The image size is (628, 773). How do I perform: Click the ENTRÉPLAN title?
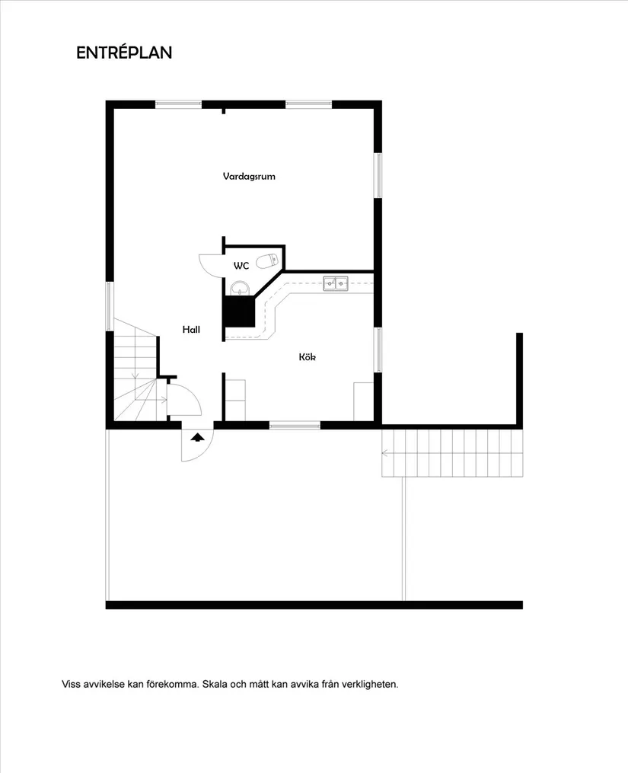124,53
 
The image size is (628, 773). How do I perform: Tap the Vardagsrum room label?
249,176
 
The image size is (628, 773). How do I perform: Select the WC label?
241,266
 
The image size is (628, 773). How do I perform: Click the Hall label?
191,330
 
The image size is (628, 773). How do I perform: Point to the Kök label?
308,356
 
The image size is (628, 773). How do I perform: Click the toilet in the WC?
266,261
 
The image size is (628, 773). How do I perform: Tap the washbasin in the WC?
240,288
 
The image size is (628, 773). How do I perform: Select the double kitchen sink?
335,283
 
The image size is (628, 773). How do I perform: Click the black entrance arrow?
198,437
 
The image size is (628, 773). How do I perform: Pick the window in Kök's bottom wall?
295,425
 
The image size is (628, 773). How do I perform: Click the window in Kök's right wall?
378,350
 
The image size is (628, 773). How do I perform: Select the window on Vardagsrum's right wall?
378,176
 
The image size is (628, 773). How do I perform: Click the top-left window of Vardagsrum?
178,104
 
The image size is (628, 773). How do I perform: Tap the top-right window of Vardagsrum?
308,104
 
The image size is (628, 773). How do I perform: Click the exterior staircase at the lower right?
452,452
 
